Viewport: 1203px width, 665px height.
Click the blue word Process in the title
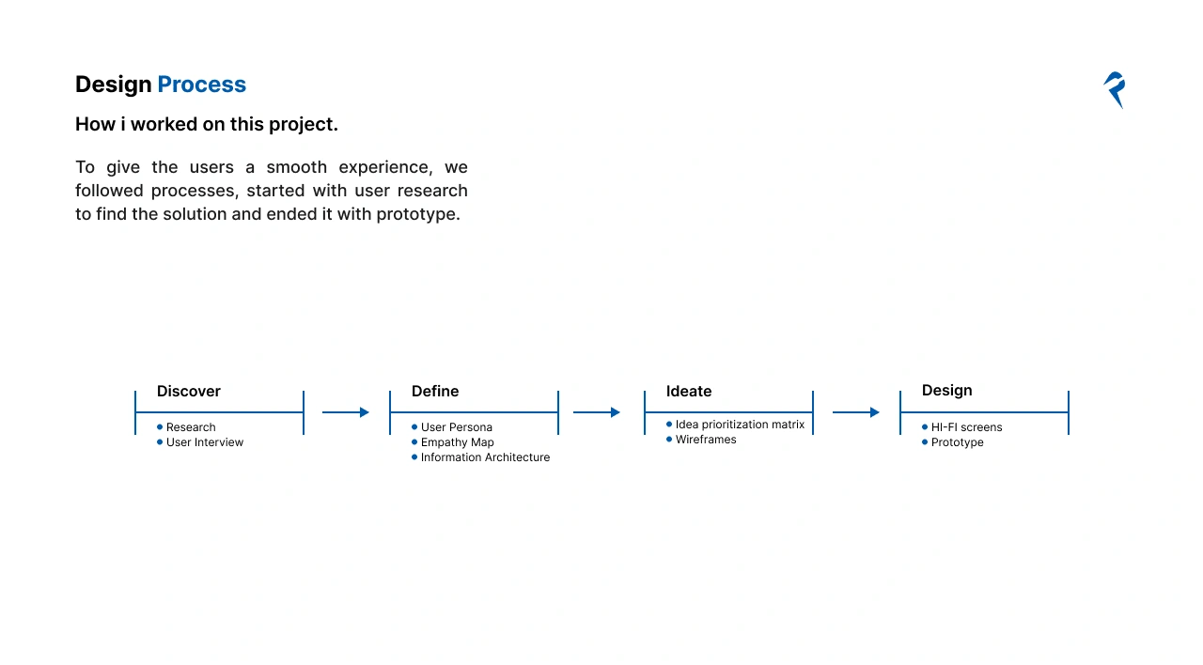click(201, 85)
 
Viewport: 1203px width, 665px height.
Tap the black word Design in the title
click(114, 85)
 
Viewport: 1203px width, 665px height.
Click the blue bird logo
click(1115, 89)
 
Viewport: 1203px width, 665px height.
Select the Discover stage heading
click(189, 392)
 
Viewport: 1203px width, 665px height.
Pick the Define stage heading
click(435, 392)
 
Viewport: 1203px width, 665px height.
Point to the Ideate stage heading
click(689, 392)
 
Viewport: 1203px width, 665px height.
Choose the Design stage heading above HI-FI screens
click(946, 391)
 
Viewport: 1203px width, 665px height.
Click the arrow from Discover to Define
click(346, 412)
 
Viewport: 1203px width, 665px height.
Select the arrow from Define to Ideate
click(597, 412)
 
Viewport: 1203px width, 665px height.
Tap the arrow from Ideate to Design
click(856, 412)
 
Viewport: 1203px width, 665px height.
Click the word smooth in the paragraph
click(296, 167)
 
